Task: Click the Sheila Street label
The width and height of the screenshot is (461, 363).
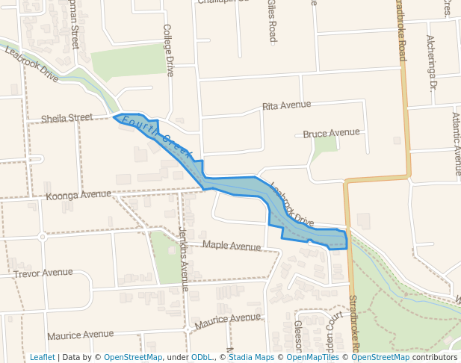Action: (66, 118)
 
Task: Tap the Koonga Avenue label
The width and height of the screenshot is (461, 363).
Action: (78, 196)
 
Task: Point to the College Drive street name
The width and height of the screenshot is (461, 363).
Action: (168, 50)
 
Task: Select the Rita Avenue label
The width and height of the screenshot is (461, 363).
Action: (286, 105)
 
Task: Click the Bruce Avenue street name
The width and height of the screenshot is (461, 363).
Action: (331, 133)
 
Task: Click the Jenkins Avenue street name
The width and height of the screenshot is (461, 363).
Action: (183, 258)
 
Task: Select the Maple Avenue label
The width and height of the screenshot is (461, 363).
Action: (232, 245)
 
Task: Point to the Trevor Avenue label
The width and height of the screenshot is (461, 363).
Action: (43, 273)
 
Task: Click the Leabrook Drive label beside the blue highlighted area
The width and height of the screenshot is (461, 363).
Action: (292, 205)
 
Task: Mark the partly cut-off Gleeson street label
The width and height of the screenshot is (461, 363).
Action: (297, 335)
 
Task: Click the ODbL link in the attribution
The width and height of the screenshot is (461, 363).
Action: (202, 357)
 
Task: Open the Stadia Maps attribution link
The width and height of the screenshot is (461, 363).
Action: (251, 357)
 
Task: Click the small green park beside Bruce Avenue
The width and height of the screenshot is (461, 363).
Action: (324, 145)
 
